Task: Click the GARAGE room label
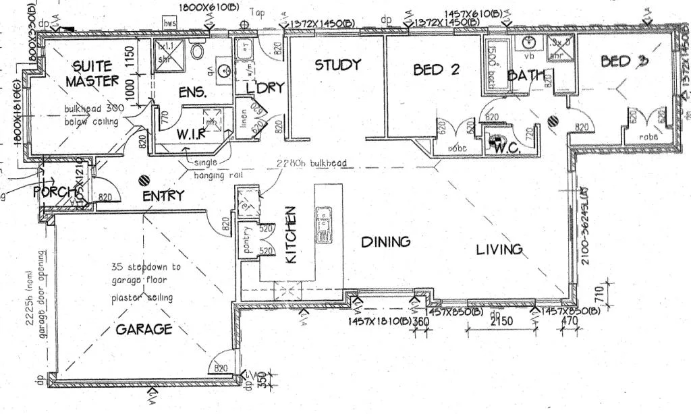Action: (x=144, y=329)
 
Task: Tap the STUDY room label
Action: (x=337, y=65)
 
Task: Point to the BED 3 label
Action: (x=624, y=61)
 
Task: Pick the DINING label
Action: (x=385, y=241)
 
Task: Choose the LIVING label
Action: (x=499, y=249)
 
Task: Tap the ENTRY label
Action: (x=163, y=196)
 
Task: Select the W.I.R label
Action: (x=191, y=134)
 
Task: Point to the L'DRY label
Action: (x=265, y=88)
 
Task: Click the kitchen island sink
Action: (x=324, y=225)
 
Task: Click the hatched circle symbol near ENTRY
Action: (x=143, y=181)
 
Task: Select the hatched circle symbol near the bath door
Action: (x=553, y=121)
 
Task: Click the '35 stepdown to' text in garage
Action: (x=146, y=266)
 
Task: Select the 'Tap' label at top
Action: (x=256, y=12)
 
